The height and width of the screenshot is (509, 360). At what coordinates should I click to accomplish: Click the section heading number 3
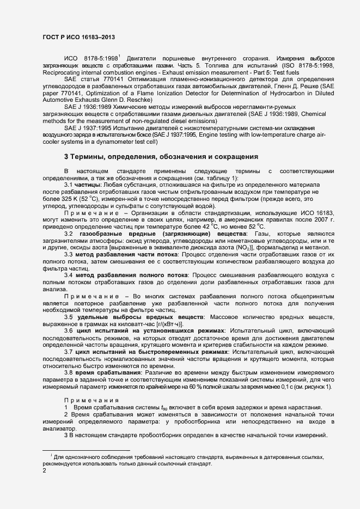66,157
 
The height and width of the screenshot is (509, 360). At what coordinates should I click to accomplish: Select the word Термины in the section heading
88,157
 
